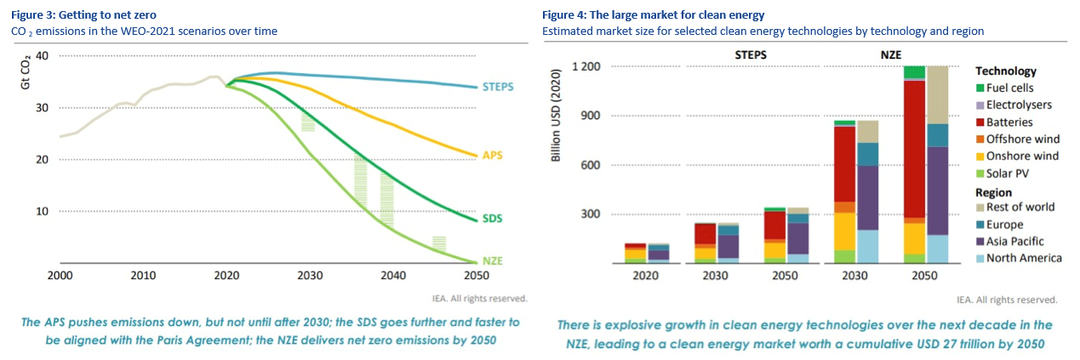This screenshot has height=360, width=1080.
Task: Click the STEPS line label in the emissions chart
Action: pos(498,87)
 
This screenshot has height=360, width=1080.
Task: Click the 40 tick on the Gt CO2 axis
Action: pos(42,55)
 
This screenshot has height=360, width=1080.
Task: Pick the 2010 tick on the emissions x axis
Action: pos(142,276)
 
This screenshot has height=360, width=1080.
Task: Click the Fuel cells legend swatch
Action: pos(980,88)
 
